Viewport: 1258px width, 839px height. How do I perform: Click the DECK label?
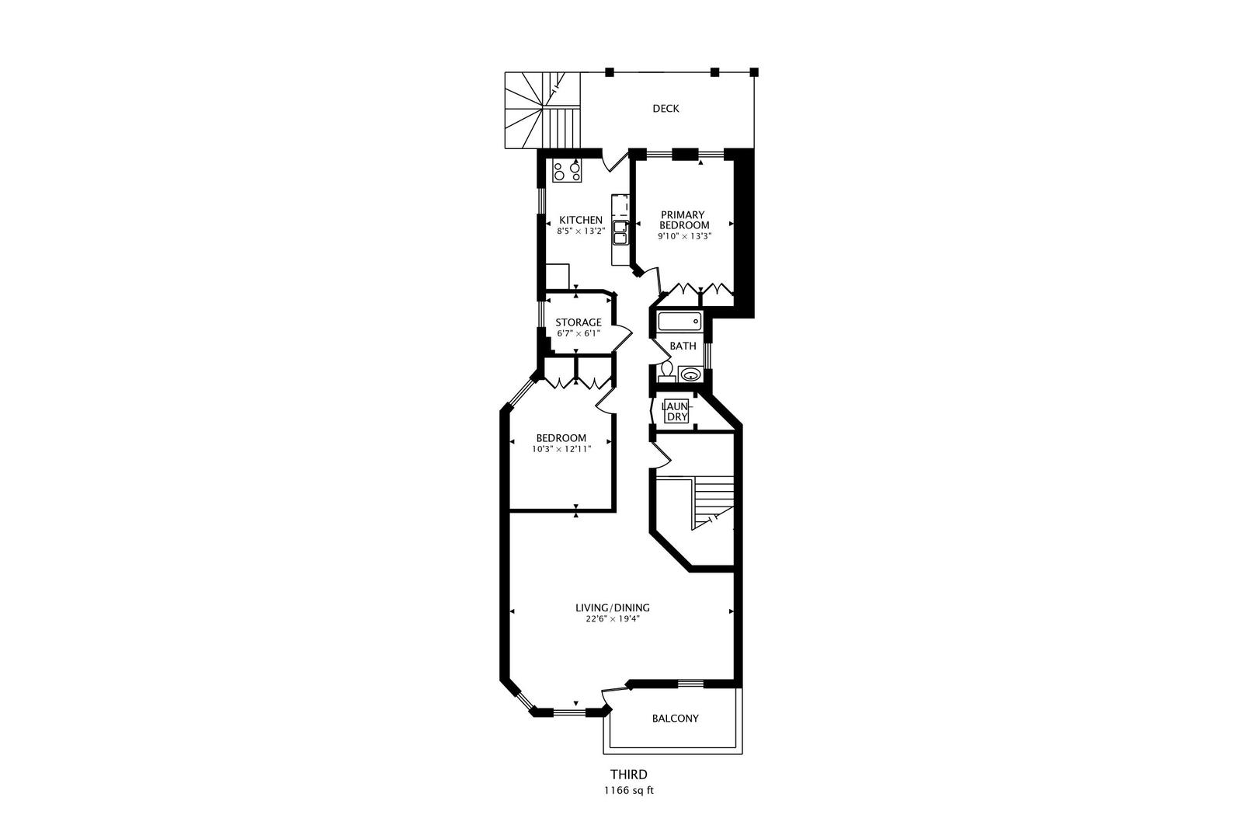[665, 109]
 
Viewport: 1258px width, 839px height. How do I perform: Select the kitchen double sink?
[620, 232]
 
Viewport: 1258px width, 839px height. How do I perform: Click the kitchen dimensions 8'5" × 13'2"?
[581, 231]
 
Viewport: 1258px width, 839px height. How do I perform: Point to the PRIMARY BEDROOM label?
[683, 220]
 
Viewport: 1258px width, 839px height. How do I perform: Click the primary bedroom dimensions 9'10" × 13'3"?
[684, 235]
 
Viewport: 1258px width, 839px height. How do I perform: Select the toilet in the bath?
[665, 372]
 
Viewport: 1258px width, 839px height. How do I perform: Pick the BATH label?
[683, 346]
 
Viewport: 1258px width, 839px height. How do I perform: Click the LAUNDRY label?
[676, 411]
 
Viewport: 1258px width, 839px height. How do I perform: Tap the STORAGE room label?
[578, 322]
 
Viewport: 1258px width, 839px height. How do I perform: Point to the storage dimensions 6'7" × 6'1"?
[579, 334]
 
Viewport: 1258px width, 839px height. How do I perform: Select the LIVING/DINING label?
[612, 608]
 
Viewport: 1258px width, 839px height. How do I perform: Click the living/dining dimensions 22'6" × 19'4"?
[612, 620]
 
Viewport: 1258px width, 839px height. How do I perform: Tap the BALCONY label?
[675, 719]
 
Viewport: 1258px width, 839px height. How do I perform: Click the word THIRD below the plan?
[628, 775]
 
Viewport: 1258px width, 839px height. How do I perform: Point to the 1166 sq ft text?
[628, 791]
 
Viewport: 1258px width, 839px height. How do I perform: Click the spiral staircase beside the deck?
[533, 109]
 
